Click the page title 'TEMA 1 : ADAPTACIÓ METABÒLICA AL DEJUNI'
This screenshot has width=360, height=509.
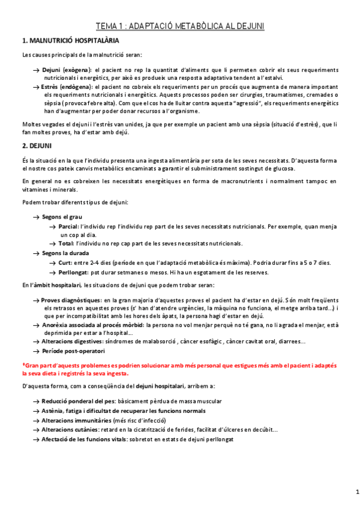point(180,26)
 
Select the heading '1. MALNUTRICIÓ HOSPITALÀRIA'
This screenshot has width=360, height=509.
point(70,41)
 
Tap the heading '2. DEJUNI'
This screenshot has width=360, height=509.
point(37,146)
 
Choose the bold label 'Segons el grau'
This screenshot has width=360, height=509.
point(62,217)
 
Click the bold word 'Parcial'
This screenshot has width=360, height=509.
point(68,226)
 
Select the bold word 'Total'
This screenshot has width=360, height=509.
point(65,244)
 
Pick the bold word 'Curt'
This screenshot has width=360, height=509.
point(65,263)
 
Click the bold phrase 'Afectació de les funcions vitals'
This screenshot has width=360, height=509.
point(84,439)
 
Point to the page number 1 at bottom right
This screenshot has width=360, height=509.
point(349,493)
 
